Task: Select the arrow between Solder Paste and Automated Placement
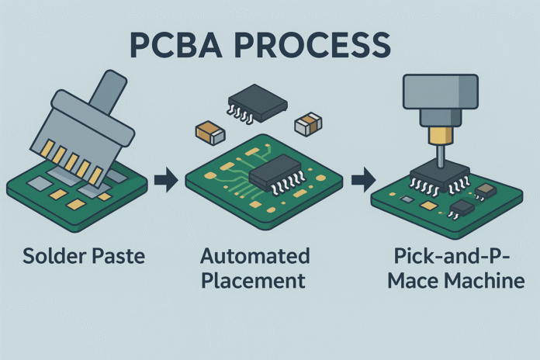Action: (165, 182)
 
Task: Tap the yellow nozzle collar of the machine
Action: (440, 138)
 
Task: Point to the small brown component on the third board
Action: (486, 189)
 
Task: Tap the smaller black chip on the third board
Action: (462, 206)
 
